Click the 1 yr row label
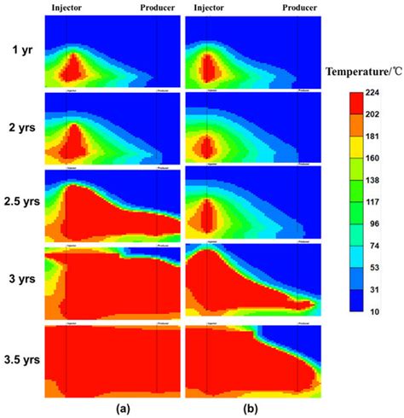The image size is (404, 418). tap(20, 49)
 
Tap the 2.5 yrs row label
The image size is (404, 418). tap(20, 205)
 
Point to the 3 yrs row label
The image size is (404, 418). tap(20, 279)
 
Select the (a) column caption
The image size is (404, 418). tap(123, 408)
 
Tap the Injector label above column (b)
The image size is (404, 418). tap(209, 9)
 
